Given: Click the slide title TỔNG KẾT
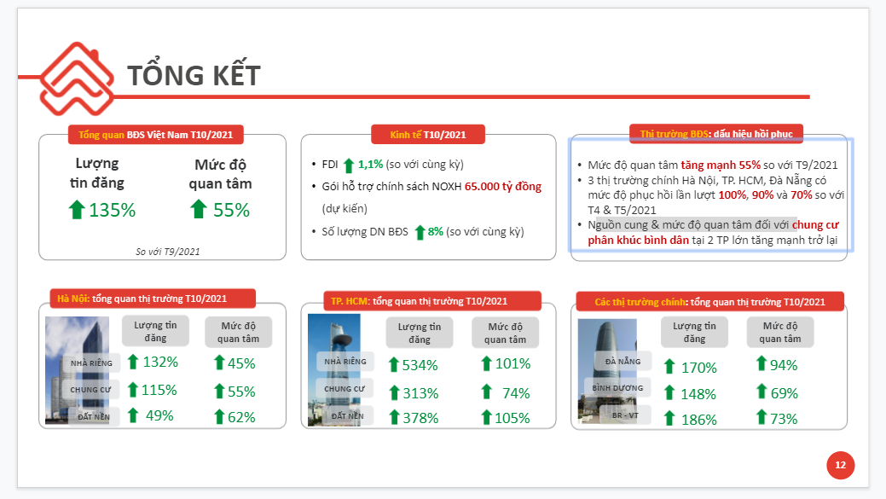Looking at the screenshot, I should tap(194, 75).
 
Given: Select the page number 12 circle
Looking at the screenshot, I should tap(840, 465).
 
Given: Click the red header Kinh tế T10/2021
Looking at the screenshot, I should tap(428, 135).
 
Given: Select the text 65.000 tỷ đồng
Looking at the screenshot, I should tap(502, 186).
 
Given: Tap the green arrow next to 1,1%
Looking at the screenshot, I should tap(348, 165).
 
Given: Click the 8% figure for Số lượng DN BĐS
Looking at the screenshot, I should tap(436, 231).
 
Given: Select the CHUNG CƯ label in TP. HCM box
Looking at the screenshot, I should tap(344, 389).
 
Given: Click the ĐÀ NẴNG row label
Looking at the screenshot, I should tap(623, 362).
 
